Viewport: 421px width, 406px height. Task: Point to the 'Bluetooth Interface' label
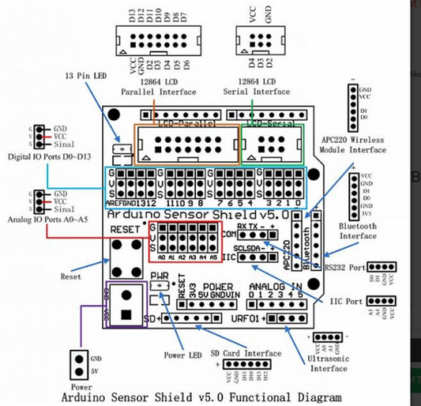358,230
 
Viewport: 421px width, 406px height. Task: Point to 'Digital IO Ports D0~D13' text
45,156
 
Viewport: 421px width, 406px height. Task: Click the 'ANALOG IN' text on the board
274,286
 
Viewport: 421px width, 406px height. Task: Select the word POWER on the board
216,286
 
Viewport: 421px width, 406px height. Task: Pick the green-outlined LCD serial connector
273,144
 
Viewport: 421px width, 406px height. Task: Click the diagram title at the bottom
201,397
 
